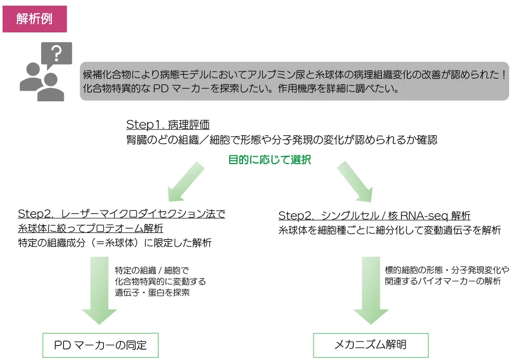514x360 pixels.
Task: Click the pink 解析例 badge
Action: (x=34, y=19)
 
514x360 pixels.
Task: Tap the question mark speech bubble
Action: (x=57, y=53)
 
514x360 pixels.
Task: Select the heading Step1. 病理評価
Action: (x=168, y=124)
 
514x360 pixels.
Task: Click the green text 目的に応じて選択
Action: (x=269, y=159)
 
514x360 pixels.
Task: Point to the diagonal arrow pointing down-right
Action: (x=354, y=181)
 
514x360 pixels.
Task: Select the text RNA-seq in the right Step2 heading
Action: (x=424, y=216)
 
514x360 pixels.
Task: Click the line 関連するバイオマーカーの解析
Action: (x=443, y=281)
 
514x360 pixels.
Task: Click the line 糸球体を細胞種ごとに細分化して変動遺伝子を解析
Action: (x=389, y=230)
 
